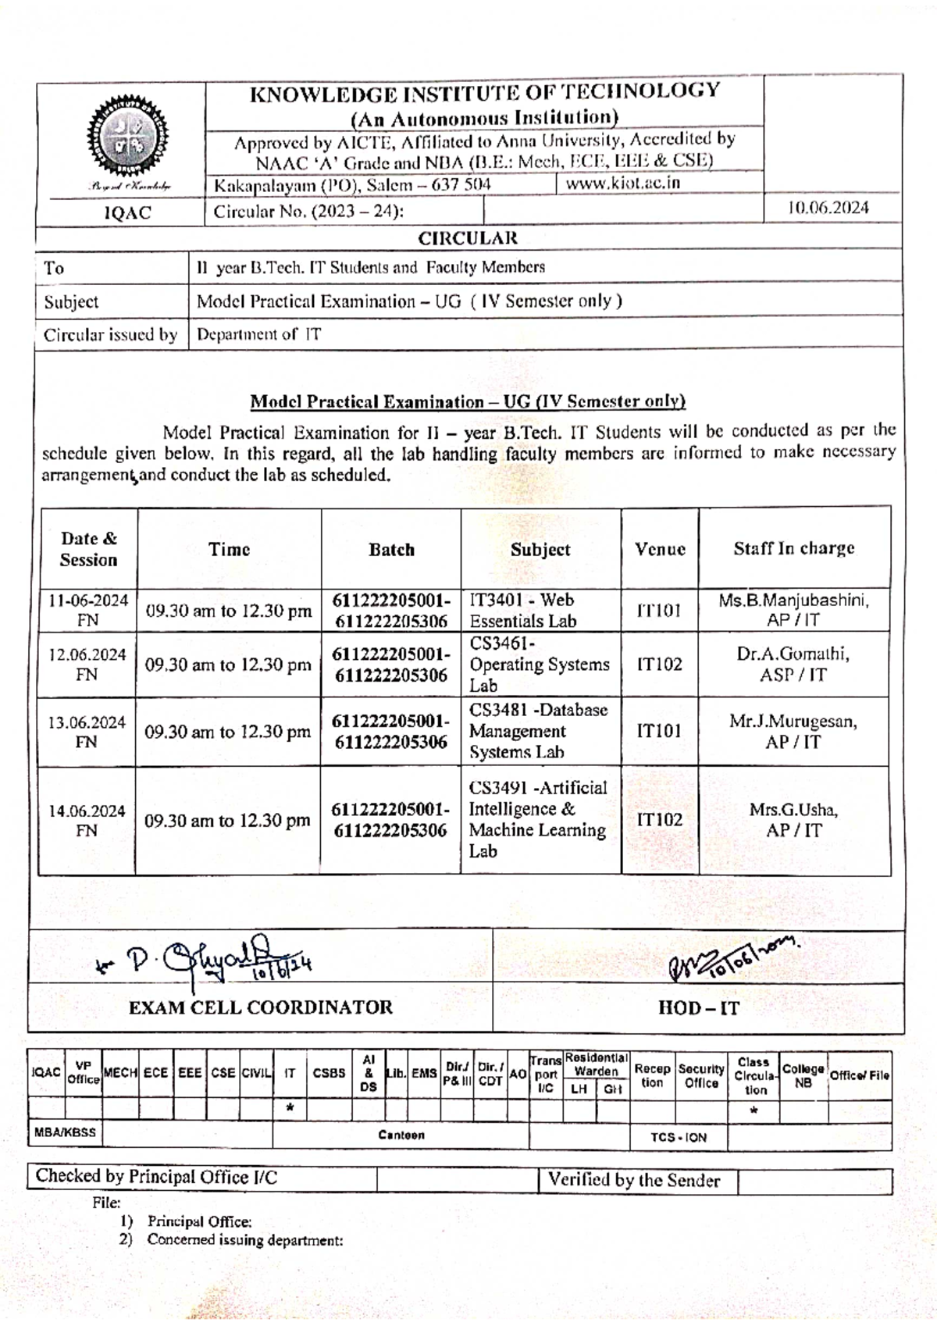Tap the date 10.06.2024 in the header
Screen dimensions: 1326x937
pyautogui.click(x=828, y=209)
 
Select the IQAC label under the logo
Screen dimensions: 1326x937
pyautogui.click(x=127, y=212)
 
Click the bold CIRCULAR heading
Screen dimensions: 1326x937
pyautogui.click(x=468, y=238)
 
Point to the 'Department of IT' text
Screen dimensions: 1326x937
pyautogui.click(x=258, y=335)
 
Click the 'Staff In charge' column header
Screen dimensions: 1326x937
pyautogui.click(x=793, y=549)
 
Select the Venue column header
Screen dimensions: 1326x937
pyautogui.click(x=660, y=549)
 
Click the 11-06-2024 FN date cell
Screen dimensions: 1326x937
pyautogui.click(x=88, y=610)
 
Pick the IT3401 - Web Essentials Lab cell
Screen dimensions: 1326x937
pyautogui.click(x=522, y=611)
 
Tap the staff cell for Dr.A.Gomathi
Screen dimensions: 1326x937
pyautogui.click(x=793, y=664)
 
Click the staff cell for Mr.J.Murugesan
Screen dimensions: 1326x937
pyautogui.click(x=793, y=731)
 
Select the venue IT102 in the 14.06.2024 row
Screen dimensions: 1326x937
pyautogui.click(x=659, y=819)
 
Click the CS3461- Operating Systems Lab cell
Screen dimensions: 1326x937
pyautogui.click(x=539, y=665)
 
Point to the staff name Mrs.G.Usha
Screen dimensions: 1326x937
pyautogui.click(x=793, y=810)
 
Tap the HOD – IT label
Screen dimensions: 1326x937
pyautogui.click(x=698, y=1008)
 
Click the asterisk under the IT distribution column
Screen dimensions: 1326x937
pyautogui.click(x=290, y=1108)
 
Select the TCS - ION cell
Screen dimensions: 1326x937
pyautogui.click(x=678, y=1138)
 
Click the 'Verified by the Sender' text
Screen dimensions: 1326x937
pyautogui.click(x=633, y=1180)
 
